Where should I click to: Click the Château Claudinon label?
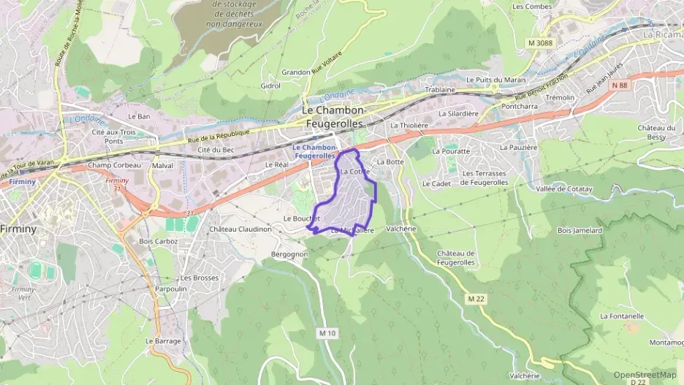(240, 229)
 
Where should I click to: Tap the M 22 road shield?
(476, 299)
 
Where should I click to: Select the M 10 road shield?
(327, 333)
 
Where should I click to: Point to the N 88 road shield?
(620, 85)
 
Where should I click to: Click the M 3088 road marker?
(540, 43)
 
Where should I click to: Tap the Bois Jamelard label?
(579, 230)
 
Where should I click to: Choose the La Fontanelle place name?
(621, 316)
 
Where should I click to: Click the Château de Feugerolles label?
(456, 257)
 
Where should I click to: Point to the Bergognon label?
(289, 254)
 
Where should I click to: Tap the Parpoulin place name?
(171, 289)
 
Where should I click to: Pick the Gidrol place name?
(270, 85)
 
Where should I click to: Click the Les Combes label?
(532, 7)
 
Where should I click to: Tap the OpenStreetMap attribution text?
(645, 374)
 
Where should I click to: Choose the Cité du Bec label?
(216, 150)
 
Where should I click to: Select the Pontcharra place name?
(519, 105)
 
